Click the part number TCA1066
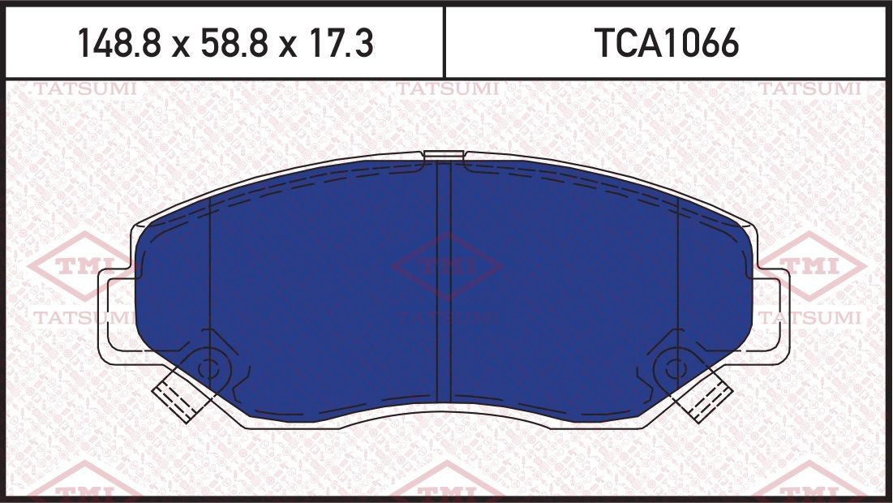[x=667, y=44]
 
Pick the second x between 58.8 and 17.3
[x=285, y=45]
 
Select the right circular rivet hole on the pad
[x=672, y=368]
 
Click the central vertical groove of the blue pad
[x=444, y=284]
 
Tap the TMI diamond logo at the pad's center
[x=445, y=266]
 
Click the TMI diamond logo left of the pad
[x=77, y=266]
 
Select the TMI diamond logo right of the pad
[x=811, y=266]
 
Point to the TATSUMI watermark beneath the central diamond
[x=445, y=317]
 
